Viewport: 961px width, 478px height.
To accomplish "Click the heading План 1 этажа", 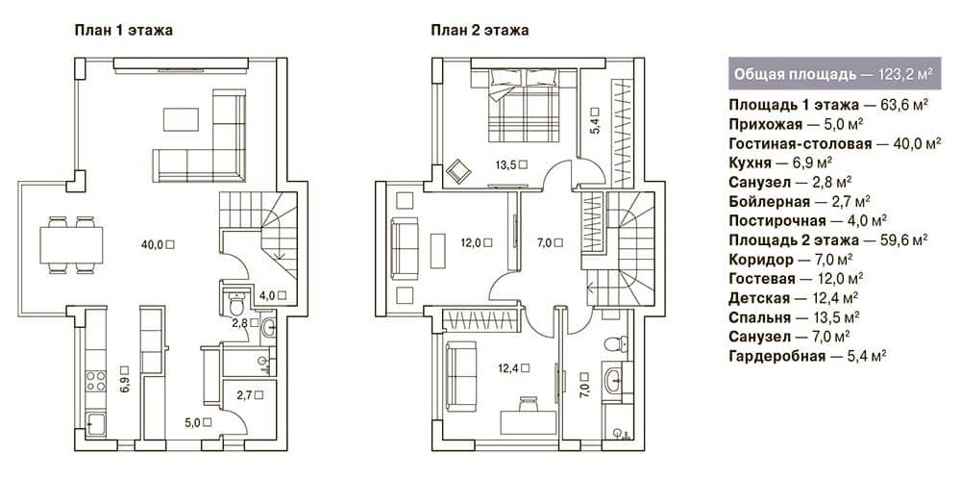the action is [123, 31].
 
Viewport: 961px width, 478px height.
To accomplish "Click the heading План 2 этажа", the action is [480, 31].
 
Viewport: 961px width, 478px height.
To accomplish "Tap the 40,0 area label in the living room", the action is [158, 244].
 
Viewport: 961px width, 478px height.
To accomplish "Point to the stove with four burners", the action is [95, 381].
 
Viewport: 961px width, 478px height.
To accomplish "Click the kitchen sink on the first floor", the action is [95, 424].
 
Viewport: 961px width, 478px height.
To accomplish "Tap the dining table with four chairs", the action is [71, 245].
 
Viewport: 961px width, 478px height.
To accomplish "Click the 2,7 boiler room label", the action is [250, 395].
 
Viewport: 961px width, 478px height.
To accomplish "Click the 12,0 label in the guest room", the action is [477, 242].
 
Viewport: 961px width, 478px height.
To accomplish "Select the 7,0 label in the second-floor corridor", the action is [550, 243].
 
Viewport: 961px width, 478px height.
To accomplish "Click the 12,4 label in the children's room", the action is [513, 368].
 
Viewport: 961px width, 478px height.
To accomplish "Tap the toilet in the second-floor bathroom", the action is [614, 343].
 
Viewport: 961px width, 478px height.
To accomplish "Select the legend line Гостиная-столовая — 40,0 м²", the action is [835, 144].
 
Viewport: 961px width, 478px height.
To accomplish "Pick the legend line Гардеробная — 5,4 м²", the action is [807, 355].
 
